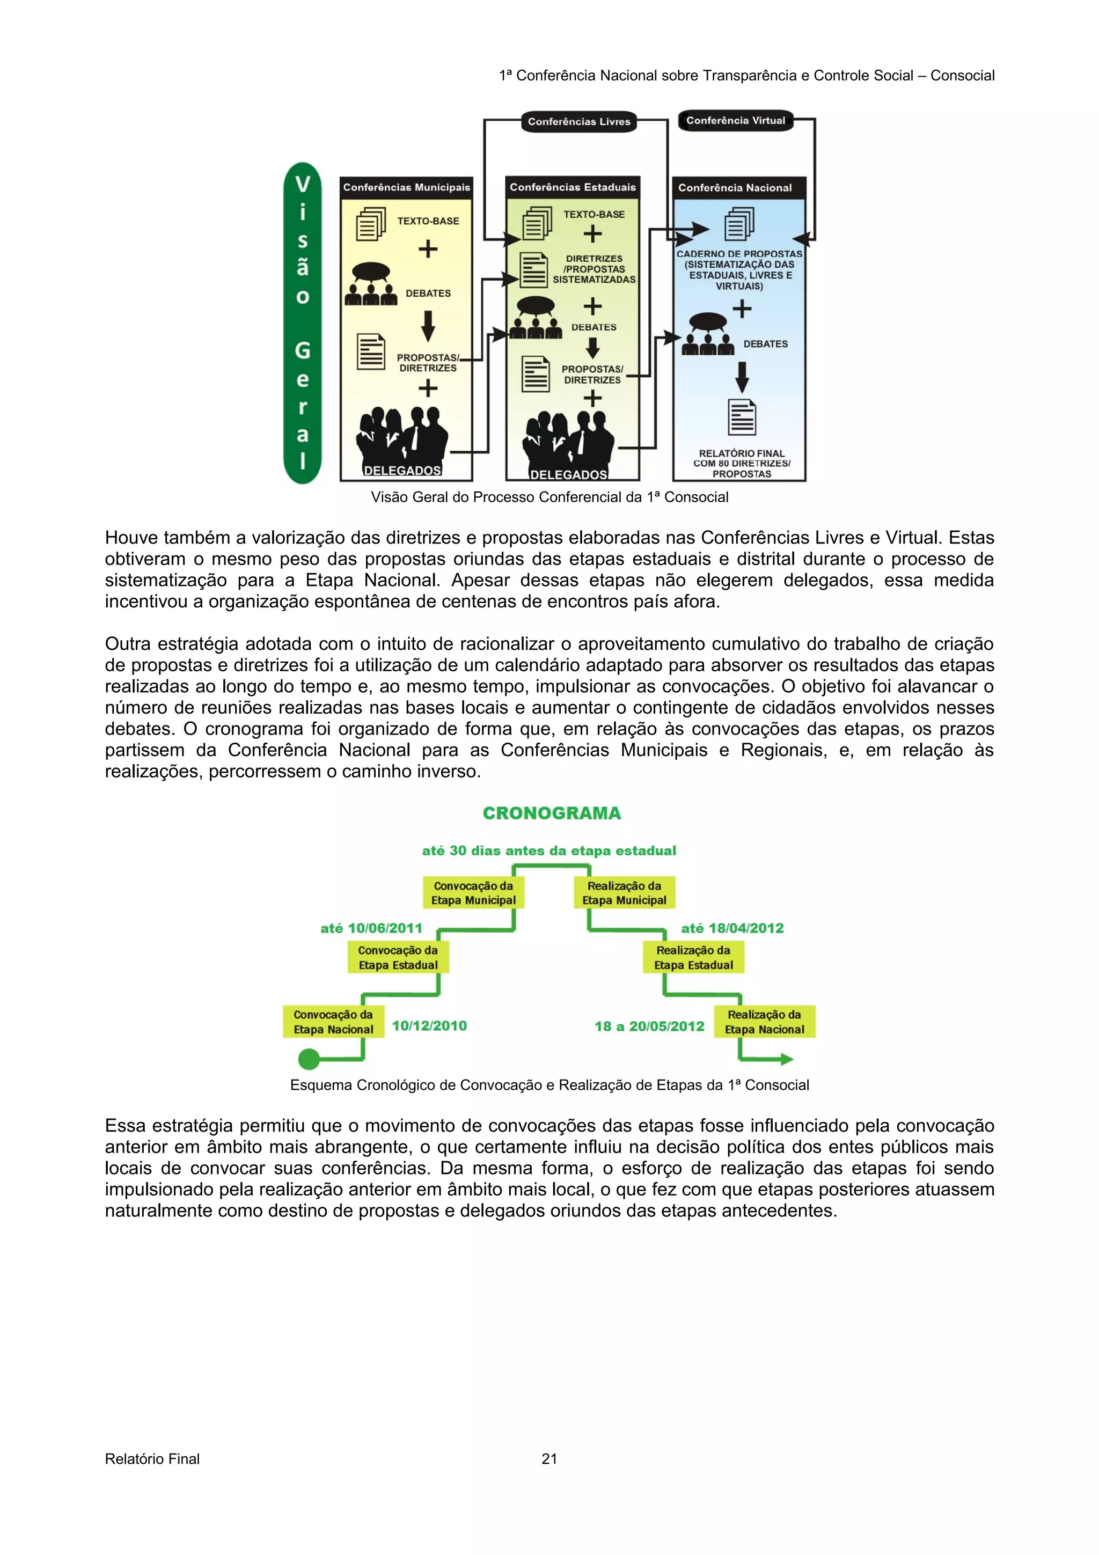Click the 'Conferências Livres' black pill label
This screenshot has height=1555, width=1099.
pyautogui.click(x=579, y=122)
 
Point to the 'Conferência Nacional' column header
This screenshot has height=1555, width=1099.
pyautogui.click(x=735, y=188)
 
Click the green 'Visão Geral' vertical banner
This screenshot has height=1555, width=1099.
pyautogui.click(x=302, y=323)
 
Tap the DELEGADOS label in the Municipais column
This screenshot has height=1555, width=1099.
pyautogui.click(x=402, y=470)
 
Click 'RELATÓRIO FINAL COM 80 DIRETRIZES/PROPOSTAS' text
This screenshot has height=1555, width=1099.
pyautogui.click(x=742, y=463)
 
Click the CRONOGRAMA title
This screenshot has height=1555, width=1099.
pyautogui.click(x=551, y=813)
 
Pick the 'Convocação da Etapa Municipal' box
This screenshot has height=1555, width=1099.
pyautogui.click(x=473, y=893)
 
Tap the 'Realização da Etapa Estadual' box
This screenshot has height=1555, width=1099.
pyautogui.click(x=693, y=958)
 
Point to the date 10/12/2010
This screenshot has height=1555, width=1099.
pyautogui.click(x=429, y=1025)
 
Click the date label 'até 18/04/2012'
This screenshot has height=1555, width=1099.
pyautogui.click(x=732, y=928)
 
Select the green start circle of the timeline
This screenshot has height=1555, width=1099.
pyautogui.click(x=309, y=1059)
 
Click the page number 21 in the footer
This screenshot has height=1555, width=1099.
pyautogui.click(x=549, y=1459)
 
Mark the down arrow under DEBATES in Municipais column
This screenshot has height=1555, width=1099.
pyautogui.click(x=428, y=326)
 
